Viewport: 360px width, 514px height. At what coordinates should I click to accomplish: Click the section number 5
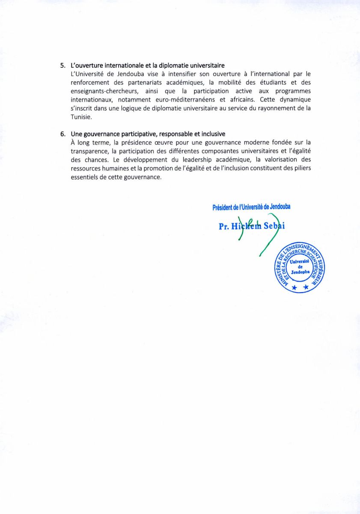point(62,66)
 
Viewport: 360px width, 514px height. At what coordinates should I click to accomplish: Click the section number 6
point(62,134)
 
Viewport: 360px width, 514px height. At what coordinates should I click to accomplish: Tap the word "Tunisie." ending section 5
point(81,117)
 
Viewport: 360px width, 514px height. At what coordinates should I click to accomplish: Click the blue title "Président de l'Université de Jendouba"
point(251,207)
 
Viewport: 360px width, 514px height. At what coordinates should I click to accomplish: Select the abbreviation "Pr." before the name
point(223,227)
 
